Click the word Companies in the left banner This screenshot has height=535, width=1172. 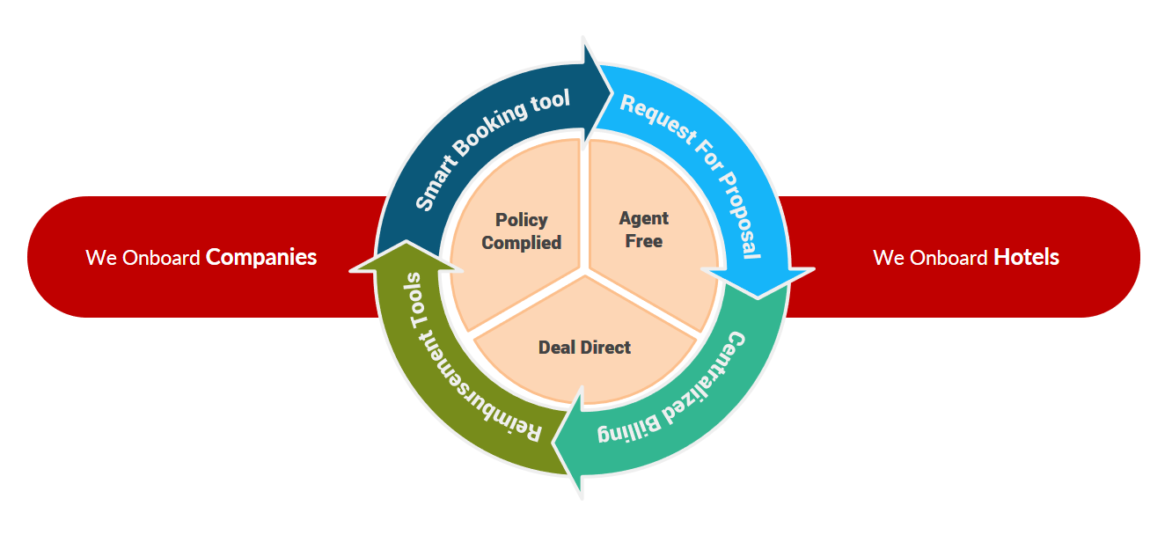(x=260, y=257)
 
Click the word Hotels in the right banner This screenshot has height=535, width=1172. (x=1026, y=257)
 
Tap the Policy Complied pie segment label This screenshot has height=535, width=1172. (x=522, y=231)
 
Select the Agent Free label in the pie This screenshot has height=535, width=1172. (x=644, y=229)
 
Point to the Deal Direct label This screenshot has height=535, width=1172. (x=584, y=348)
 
